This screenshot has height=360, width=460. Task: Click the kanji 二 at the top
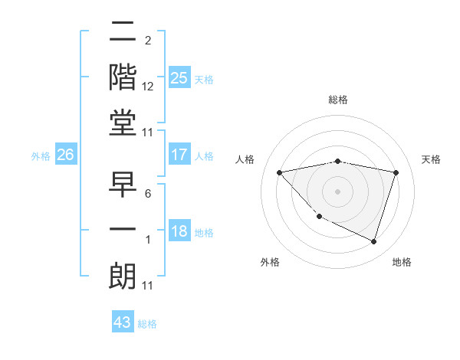[x=123, y=33]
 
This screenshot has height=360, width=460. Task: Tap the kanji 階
[x=123, y=77]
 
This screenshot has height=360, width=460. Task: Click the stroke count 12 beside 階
[x=148, y=88]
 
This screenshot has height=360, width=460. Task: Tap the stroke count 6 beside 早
[x=147, y=193]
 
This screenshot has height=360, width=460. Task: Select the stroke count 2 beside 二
[x=147, y=40]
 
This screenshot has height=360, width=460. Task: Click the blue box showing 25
[x=179, y=78]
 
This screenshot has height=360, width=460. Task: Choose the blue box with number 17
[x=179, y=155]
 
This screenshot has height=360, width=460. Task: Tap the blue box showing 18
[x=179, y=232]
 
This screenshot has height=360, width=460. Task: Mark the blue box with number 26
[x=66, y=155]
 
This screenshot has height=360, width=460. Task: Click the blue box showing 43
[x=123, y=322]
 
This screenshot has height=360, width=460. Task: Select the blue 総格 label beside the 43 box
[x=148, y=324]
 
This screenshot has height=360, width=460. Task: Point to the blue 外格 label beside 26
[x=41, y=156]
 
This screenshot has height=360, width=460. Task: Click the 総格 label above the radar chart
[x=338, y=100]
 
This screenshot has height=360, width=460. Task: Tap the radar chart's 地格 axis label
[x=402, y=262]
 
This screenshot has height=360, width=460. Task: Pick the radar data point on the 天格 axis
[x=396, y=172]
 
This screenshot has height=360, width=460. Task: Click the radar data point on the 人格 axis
[x=279, y=172]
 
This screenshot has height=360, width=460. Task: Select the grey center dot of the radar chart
[x=337, y=191]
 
